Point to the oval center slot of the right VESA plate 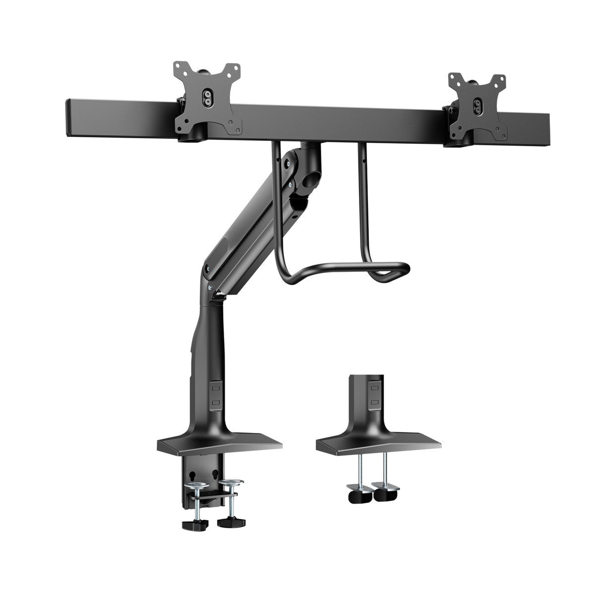coord(479,105)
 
